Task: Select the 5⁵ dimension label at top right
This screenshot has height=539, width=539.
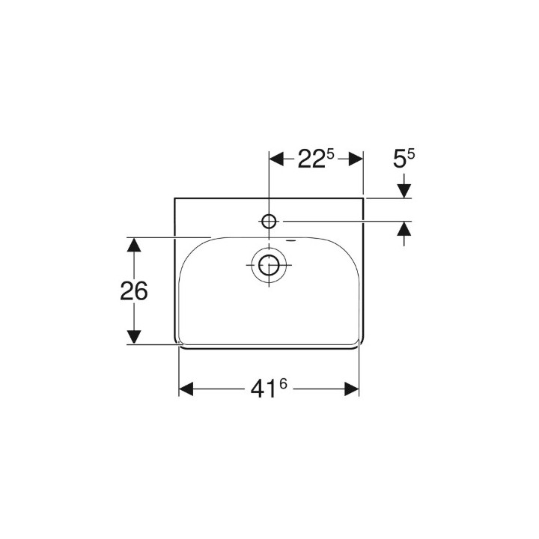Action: [x=404, y=159]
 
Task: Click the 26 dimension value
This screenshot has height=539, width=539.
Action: [x=133, y=290]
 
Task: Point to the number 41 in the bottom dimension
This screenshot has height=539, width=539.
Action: [x=263, y=389]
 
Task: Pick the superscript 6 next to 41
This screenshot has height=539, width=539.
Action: [x=283, y=385]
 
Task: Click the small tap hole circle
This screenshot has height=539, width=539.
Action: [x=269, y=221]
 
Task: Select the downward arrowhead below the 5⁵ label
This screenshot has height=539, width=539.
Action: [x=404, y=191]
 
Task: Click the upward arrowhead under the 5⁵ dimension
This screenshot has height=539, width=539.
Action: [x=404, y=229]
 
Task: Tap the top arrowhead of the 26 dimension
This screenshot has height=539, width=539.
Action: [x=133, y=245]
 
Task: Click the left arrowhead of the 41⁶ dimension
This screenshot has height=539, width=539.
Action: [x=186, y=389]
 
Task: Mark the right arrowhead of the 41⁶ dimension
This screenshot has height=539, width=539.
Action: [x=352, y=389]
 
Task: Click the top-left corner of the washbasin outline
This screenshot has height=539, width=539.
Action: [x=174, y=198]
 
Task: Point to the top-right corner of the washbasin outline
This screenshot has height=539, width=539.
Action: [x=364, y=198]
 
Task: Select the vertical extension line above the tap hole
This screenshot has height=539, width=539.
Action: [x=269, y=180]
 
